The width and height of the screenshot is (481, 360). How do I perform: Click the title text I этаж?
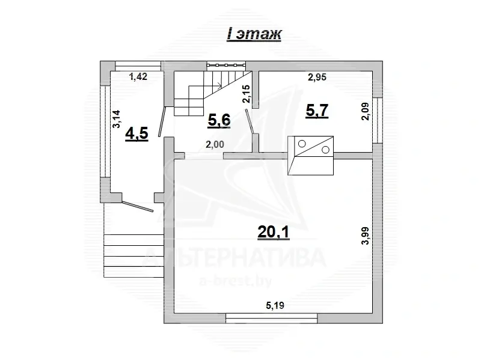(253, 34)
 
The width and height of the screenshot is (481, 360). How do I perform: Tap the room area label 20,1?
(274, 233)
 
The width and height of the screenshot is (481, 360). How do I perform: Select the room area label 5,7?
(317, 111)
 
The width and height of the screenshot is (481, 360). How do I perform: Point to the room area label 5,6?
(219, 120)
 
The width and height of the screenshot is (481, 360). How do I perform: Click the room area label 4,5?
(137, 133)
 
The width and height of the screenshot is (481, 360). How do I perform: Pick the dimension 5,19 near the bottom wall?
(275, 305)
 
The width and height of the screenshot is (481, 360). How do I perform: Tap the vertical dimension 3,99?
(366, 236)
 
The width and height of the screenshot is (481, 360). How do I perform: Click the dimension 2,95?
(317, 78)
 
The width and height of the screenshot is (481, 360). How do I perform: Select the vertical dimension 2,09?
(366, 111)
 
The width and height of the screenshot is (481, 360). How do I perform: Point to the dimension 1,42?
(138, 76)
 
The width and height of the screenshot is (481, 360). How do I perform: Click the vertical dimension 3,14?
(117, 119)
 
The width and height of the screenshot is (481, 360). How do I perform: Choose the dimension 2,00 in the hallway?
(215, 144)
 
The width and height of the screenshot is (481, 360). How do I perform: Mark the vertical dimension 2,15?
(247, 94)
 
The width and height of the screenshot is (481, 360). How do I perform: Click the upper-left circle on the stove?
(302, 143)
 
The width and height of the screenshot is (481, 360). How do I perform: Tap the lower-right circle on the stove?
(325, 150)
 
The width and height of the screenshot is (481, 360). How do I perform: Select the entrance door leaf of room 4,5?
(138, 206)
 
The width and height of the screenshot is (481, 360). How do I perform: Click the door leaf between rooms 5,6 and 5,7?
(250, 122)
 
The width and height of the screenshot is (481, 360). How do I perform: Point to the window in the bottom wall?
(272, 319)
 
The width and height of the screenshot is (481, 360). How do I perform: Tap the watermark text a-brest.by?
(236, 281)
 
